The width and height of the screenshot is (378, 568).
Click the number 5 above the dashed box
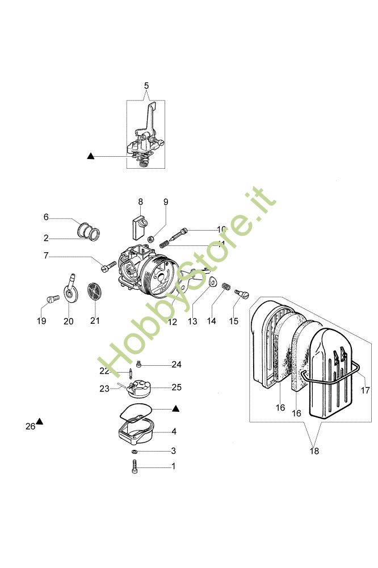(x=146, y=86)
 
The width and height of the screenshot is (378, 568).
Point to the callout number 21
(x=94, y=321)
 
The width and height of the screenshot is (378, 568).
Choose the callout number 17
(x=366, y=390)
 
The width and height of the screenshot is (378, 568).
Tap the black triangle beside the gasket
(x=176, y=408)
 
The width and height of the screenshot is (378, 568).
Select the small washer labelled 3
(x=135, y=451)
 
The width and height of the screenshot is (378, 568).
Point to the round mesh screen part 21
(x=94, y=293)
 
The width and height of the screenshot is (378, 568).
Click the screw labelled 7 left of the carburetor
(x=108, y=265)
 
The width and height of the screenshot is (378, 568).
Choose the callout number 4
(x=174, y=432)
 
